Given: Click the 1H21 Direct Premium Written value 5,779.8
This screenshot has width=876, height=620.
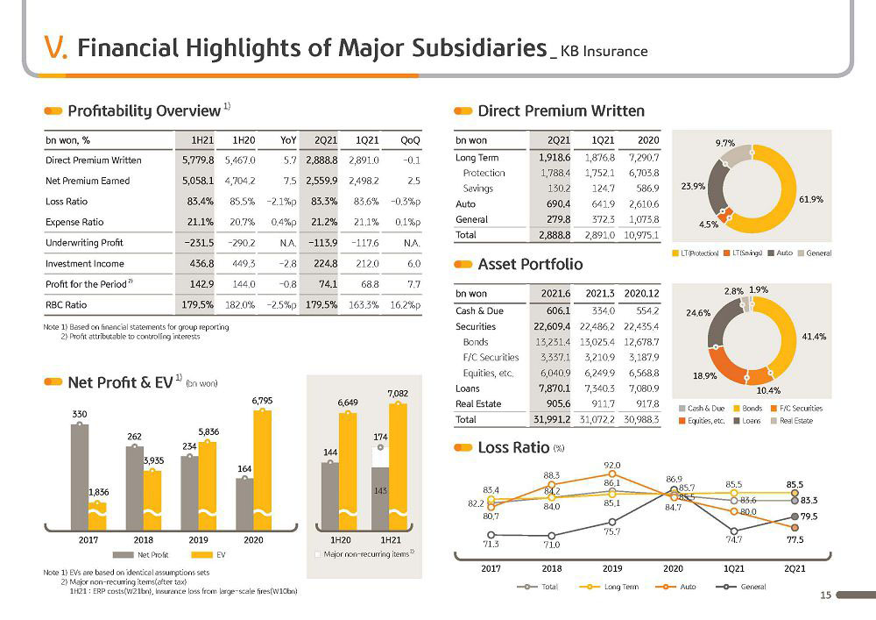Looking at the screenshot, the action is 198,160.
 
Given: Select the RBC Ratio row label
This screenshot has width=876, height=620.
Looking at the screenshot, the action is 66,305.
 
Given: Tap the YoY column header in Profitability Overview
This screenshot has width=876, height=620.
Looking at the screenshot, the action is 288,140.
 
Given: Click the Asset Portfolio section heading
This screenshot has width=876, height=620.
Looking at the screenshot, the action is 530,265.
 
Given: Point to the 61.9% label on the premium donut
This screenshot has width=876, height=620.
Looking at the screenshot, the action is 811,200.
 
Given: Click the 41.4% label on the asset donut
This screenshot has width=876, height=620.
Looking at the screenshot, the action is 814,337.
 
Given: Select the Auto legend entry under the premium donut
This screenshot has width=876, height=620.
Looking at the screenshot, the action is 780,253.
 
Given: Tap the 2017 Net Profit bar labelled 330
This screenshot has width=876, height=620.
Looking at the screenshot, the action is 80,477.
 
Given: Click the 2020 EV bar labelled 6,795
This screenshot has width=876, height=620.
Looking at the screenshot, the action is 263,470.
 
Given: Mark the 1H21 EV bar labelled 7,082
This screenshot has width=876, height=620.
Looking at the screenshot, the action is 398,467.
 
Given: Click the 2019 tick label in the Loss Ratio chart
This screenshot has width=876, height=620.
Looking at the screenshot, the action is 612,568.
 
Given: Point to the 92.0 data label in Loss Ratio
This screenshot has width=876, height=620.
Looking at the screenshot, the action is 612,465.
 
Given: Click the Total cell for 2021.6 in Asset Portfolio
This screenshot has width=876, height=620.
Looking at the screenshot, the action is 551,419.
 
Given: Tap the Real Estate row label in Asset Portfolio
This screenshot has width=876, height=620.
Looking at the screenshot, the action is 478,403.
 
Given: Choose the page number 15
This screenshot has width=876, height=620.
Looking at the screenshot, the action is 825,595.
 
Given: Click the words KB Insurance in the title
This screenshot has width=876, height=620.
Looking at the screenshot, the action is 604,52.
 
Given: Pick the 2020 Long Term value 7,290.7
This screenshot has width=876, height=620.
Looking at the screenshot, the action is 644,158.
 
